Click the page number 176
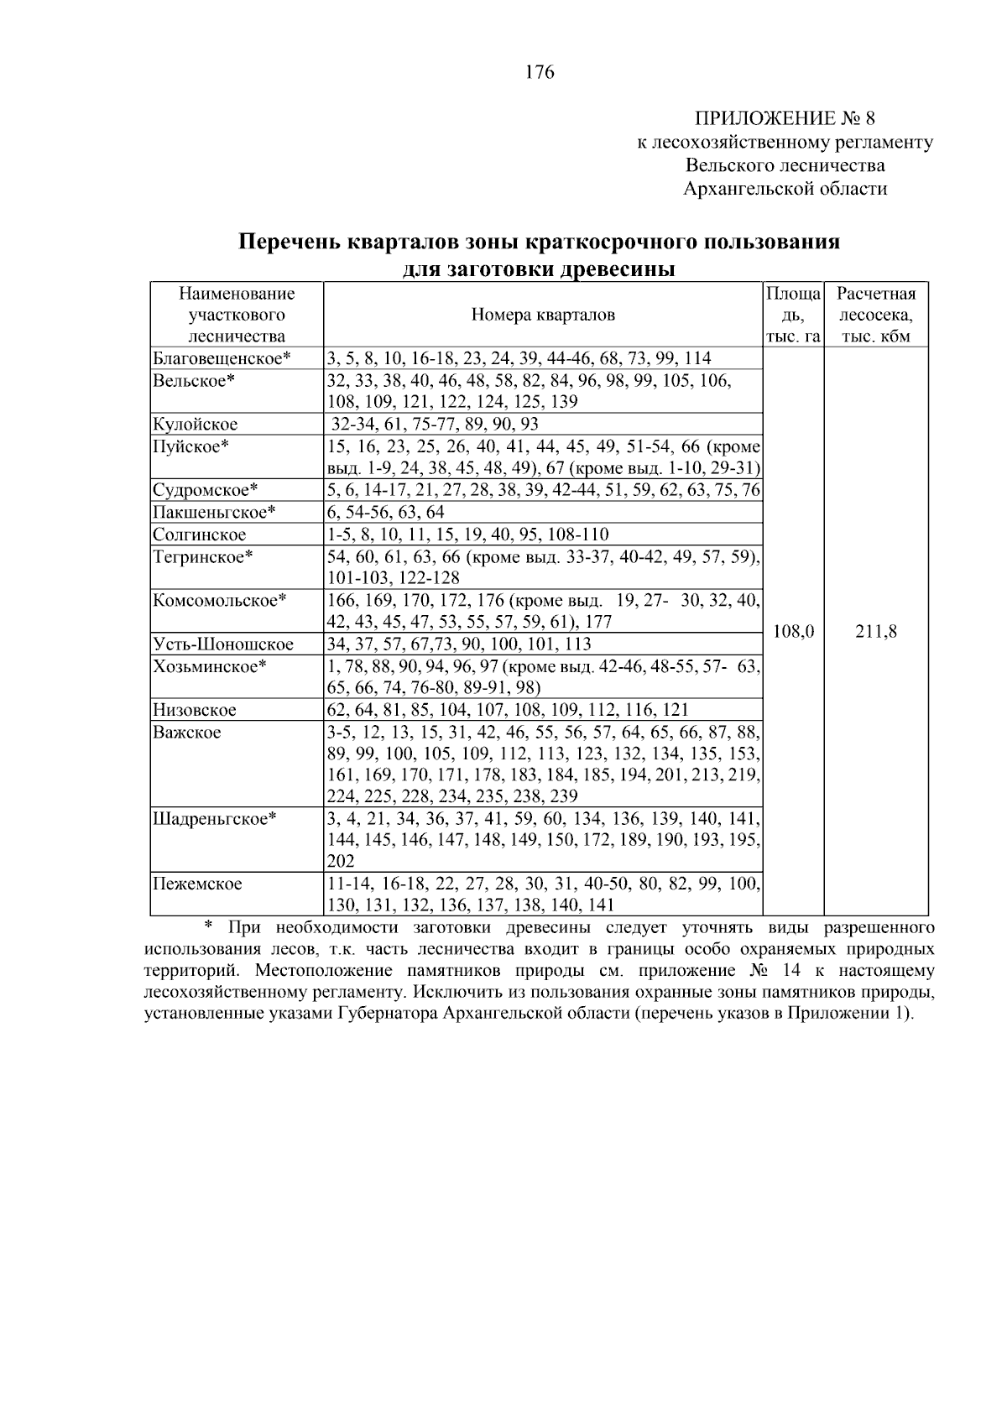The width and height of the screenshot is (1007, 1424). pos(540,73)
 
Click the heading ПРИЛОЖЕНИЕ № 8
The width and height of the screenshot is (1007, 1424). pos(785,117)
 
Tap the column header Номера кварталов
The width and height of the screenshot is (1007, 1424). pos(542,316)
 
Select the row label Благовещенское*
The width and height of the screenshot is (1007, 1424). pos(222,359)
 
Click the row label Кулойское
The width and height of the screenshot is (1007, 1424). pos(195,425)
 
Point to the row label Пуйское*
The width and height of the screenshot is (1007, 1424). pos(190,446)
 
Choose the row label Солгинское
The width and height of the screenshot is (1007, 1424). pos(199,535)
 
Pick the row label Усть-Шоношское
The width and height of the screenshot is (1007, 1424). pos(222,644)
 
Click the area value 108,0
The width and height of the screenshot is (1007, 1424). pos(792,632)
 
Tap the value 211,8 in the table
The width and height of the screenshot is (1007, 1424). pos(875,632)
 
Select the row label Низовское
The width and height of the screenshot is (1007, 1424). pos(194,710)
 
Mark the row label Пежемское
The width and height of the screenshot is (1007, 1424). pos(197,884)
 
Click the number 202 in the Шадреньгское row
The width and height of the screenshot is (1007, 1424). pos(340,862)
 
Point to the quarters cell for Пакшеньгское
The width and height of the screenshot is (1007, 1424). pos(386,513)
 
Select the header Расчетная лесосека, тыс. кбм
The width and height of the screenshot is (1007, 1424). pos(875,316)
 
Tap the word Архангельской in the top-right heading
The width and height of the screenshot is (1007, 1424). pos(738,189)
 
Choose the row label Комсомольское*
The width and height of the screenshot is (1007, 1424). pos(220,601)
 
